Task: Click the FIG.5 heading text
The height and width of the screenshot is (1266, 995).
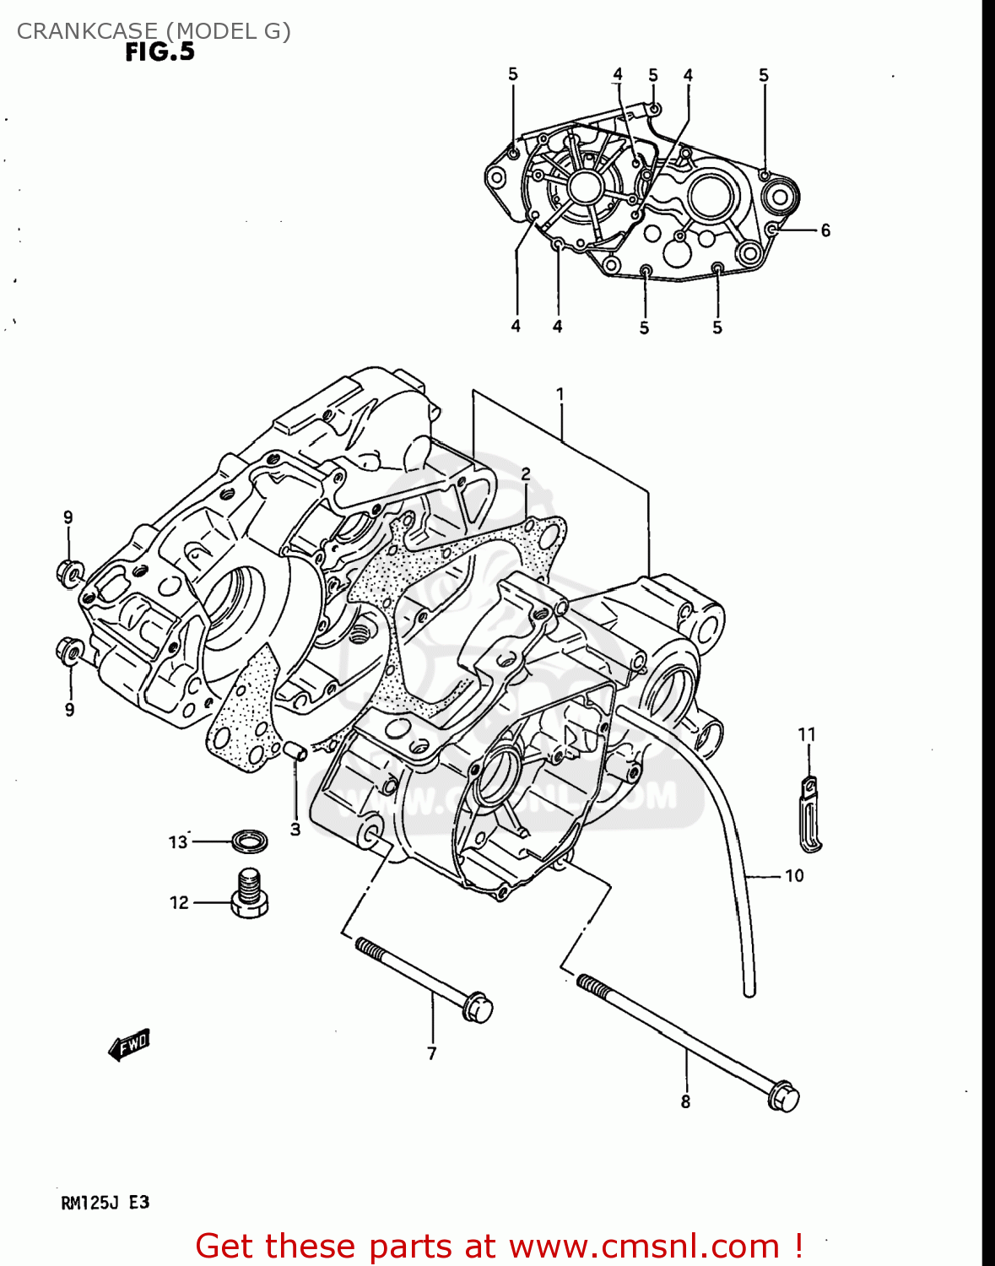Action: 160,52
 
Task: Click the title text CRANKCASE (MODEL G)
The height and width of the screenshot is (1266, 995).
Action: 154,31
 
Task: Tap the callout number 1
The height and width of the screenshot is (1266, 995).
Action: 560,394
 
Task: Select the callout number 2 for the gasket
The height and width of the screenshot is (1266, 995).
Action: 525,474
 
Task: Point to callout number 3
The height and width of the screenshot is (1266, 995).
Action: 295,830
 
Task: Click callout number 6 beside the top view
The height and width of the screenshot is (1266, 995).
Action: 825,230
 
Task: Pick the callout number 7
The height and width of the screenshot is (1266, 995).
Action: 431,1052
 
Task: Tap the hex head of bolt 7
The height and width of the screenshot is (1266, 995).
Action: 477,1008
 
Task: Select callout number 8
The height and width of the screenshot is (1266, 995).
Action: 685,1101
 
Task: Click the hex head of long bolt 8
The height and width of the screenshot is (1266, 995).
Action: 784,1096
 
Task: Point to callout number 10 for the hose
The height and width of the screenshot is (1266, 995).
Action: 794,876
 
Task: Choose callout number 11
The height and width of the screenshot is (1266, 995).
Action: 807,734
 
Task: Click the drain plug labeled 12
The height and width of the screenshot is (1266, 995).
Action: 249,895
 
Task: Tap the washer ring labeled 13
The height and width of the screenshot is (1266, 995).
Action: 250,841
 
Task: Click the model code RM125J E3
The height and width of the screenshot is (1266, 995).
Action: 105,1202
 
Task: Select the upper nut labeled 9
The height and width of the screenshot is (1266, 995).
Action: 70,573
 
